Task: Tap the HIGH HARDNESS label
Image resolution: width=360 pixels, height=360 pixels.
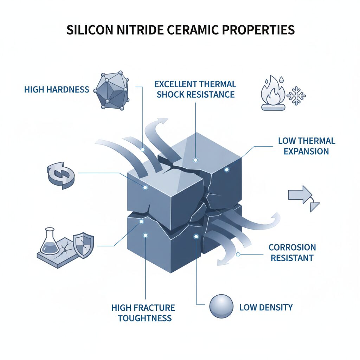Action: coord(57,89)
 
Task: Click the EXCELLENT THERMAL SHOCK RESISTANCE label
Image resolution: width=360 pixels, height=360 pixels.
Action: coord(195,89)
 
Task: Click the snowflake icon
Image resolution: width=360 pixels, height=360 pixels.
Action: coord(296,96)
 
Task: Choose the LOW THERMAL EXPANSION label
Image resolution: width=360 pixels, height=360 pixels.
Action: coord(307,146)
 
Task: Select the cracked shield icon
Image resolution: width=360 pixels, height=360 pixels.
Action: coord(83,245)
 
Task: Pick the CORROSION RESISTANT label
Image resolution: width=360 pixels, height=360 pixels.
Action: coord(292,252)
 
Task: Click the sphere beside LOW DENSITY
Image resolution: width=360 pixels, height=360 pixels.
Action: coord(221,307)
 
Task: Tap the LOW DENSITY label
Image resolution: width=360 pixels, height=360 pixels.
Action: coord(266,307)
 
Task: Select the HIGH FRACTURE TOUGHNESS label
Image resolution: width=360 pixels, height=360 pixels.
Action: coord(143,313)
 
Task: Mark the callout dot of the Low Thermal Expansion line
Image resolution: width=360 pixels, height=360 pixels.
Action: coord(227,170)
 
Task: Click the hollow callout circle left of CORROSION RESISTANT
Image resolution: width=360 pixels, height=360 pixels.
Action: coord(238,255)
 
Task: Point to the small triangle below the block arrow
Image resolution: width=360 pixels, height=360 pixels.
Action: coord(314,207)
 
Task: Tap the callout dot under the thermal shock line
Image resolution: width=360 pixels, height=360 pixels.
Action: coord(195,160)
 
